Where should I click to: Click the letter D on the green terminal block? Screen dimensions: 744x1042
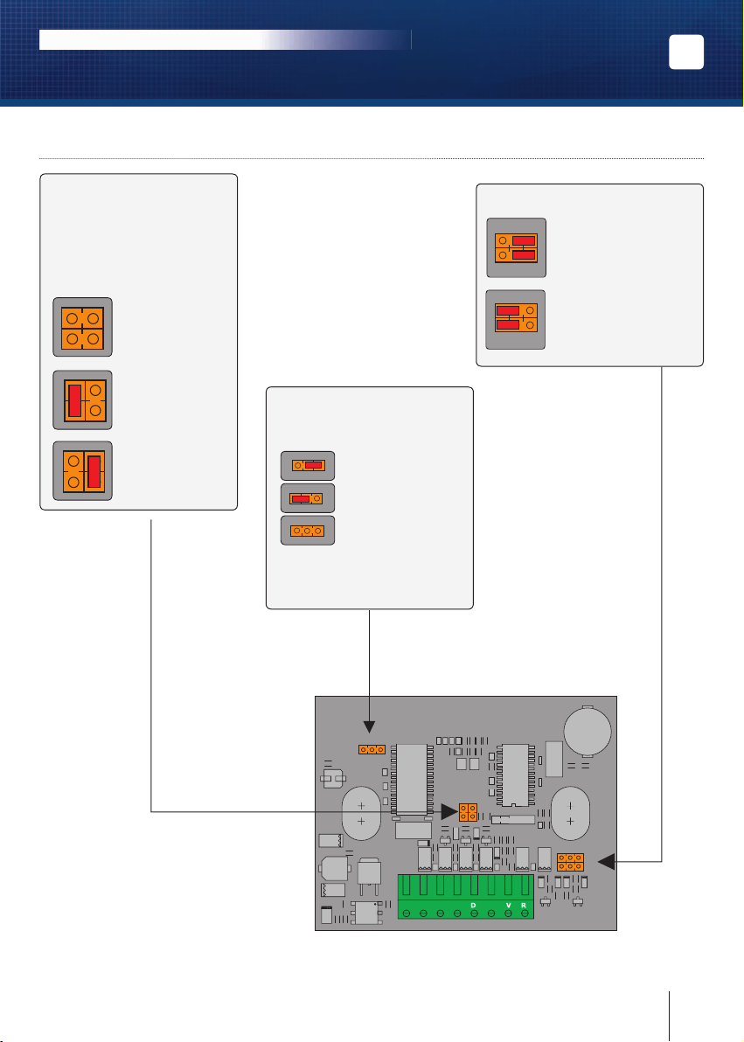473,905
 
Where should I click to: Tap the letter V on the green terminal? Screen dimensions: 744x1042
509,905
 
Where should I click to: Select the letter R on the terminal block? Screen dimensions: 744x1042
524,905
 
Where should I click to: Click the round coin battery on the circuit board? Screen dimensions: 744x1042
588,731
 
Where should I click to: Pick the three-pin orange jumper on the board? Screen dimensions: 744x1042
372,750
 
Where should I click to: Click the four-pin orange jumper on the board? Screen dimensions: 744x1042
468,811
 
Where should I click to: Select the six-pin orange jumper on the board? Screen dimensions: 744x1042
571,862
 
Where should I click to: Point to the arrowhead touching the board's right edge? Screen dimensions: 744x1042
607,862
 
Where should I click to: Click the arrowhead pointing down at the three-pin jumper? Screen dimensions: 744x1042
369,727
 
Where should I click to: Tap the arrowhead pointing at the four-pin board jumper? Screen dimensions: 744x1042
449,811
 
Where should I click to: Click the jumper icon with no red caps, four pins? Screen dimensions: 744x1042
82,327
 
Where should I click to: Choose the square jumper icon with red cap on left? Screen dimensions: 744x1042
82,400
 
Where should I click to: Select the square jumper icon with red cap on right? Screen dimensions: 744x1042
82,470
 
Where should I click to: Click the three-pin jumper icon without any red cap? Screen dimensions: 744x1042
308,531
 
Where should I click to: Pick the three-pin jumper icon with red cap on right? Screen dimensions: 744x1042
308,466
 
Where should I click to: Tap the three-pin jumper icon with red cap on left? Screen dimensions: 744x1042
308,497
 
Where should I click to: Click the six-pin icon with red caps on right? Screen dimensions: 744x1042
517,248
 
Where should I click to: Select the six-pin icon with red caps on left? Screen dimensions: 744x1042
516,320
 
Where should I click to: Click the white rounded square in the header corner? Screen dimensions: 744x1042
686,52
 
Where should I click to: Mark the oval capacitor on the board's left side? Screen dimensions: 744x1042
361,813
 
